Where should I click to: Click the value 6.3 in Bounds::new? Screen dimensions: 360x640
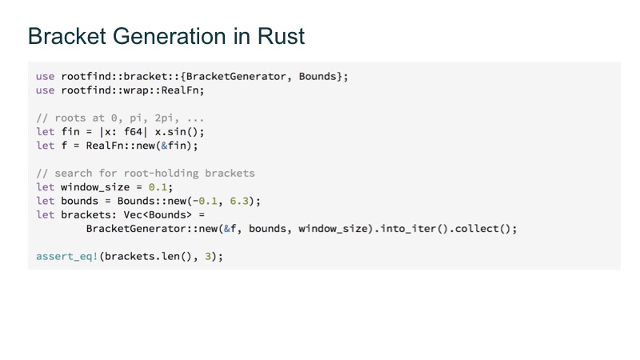click(x=246, y=200)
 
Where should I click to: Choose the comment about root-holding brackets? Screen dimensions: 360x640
click(x=145, y=173)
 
